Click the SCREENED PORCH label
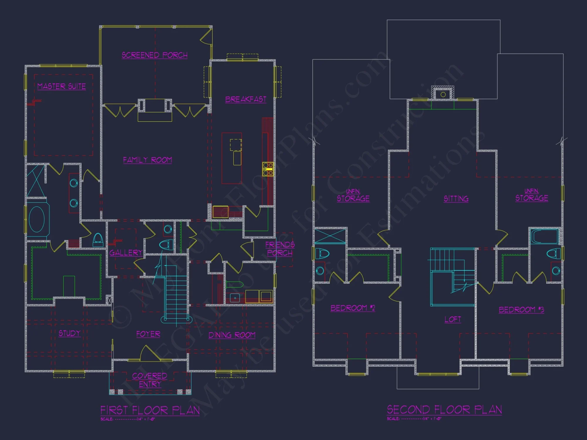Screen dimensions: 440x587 point(154,55)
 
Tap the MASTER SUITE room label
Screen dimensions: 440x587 point(62,86)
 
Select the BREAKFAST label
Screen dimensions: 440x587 point(246,99)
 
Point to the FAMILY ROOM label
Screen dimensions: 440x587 point(147,160)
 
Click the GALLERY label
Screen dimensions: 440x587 point(126,253)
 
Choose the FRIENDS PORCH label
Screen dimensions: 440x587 point(280,249)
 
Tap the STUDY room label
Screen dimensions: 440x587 point(69,333)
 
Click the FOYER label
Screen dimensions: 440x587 point(148,334)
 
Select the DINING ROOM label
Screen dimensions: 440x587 point(232,335)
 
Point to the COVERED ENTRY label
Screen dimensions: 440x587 point(150,380)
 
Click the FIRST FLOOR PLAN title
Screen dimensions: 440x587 point(150,410)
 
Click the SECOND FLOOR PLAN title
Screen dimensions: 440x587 point(444,409)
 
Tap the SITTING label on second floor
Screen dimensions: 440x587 point(456,199)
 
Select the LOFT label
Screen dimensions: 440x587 point(453,319)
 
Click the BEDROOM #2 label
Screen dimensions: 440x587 point(353,308)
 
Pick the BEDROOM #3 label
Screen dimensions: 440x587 point(521,310)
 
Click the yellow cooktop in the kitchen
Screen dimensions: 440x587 point(268,169)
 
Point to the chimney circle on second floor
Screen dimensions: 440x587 point(443,94)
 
